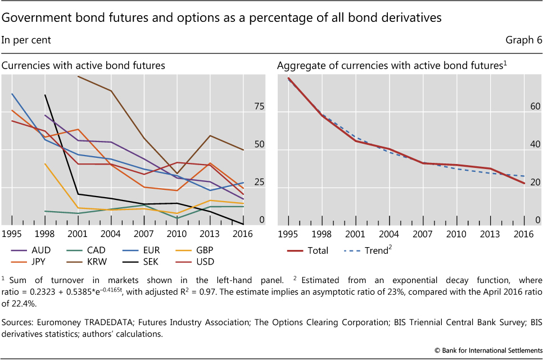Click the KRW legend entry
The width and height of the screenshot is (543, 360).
[x=96, y=261]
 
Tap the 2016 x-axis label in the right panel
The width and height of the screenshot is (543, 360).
[x=524, y=234]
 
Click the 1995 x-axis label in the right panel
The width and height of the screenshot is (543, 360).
[x=288, y=234]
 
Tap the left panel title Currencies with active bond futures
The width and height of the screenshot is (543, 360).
[x=83, y=66]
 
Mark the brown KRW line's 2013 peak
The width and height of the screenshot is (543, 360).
[x=210, y=135]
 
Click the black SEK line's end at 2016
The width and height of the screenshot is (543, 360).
[x=243, y=224]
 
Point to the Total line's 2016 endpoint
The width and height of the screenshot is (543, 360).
[x=524, y=183]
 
